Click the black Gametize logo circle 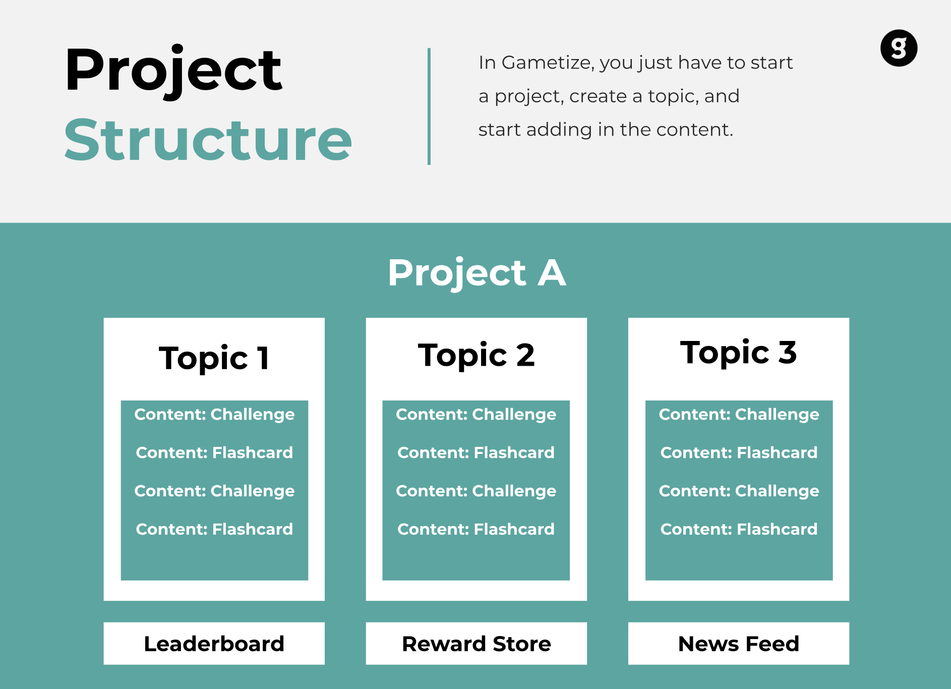(899, 48)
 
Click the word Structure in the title (208, 140)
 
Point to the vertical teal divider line (429, 106)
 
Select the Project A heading (477, 273)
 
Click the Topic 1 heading (214, 358)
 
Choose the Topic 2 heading (477, 355)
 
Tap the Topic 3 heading (739, 352)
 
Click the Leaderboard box (214, 644)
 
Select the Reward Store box (477, 644)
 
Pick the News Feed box (739, 644)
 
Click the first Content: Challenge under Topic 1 (214, 415)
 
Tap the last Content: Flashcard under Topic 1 (214, 529)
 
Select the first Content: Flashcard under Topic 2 (476, 452)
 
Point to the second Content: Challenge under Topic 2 (476, 491)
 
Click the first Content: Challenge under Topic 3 (739, 415)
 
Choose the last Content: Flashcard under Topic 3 (739, 529)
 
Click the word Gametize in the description (548, 63)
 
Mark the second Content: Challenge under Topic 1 (214, 491)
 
